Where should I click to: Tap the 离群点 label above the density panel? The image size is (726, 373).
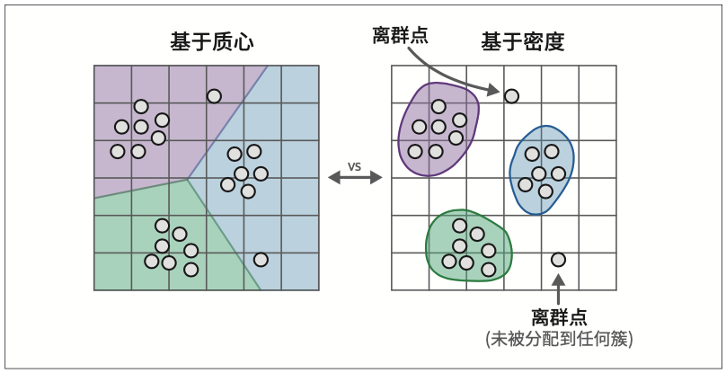pyautogui.click(x=400, y=35)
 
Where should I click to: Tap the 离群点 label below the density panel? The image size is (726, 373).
pyautogui.click(x=559, y=317)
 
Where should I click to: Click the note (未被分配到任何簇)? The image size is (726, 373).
pyautogui.click(x=559, y=339)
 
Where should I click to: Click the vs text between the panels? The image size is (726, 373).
pyautogui.click(x=355, y=166)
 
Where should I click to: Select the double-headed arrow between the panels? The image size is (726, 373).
pyautogui.click(x=355, y=179)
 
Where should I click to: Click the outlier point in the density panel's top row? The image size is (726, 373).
pyautogui.click(x=511, y=95)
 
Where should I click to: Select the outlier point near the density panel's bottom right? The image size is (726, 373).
pyautogui.click(x=558, y=260)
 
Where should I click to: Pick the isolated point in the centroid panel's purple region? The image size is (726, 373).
pyautogui.click(x=214, y=96)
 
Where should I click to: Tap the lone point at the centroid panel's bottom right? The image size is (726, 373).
pyautogui.click(x=261, y=260)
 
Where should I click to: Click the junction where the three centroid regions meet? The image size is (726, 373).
pyautogui.click(x=188, y=179)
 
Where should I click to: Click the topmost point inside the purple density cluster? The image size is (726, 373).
pyautogui.click(x=438, y=106)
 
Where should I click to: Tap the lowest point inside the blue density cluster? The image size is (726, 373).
pyautogui.click(x=545, y=191)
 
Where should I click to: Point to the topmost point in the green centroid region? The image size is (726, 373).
pyautogui.click(x=162, y=226)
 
